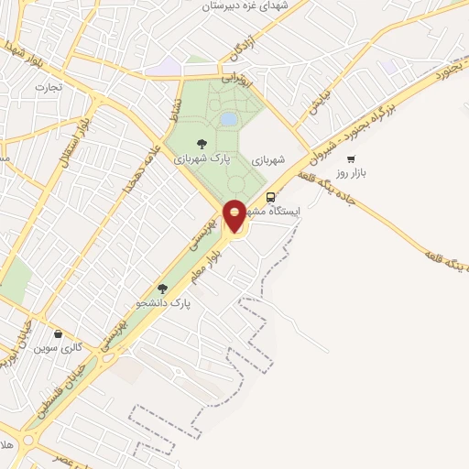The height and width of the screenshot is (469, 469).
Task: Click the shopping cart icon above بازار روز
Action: click(x=351, y=158)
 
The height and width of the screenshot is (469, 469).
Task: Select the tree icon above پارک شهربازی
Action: click(x=202, y=143)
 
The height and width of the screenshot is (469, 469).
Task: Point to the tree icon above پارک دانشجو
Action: click(x=162, y=288)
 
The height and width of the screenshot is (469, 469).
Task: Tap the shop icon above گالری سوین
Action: click(x=60, y=334)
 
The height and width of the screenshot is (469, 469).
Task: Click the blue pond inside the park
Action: click(x=228, y=119)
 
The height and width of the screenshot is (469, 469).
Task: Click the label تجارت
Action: click(x=46, y=87)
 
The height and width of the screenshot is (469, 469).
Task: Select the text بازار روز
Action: click(x=350, y=172)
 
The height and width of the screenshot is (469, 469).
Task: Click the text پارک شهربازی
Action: click(x=201, y=158)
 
